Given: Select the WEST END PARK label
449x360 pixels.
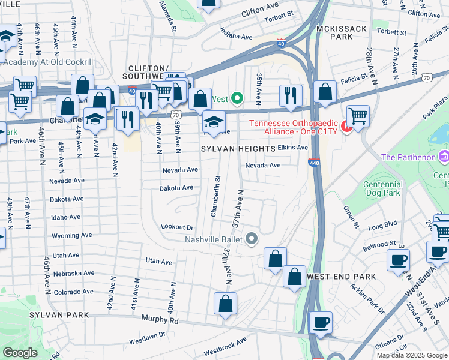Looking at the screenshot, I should (341, 277).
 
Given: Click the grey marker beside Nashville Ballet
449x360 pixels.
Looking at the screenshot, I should (252, 239).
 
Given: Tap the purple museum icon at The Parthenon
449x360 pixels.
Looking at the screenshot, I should (444, 157).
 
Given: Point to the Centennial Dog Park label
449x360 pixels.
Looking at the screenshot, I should (384, 190).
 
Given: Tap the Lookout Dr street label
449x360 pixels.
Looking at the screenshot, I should (178, 227).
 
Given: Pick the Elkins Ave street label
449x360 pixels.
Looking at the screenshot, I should (293, 148).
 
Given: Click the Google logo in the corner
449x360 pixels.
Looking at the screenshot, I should (20, 353).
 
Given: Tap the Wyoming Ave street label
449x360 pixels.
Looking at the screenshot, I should (71, 236).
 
